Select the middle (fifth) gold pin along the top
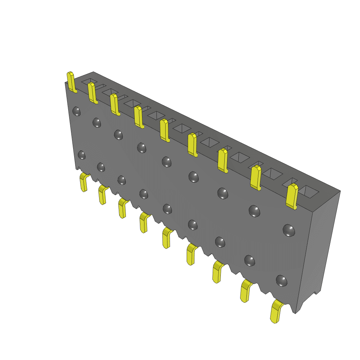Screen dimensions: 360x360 (164, 130)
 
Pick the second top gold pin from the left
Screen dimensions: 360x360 (92, 93)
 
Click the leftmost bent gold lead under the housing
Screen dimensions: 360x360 (84, 182)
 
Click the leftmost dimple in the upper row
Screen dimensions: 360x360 (76, 111)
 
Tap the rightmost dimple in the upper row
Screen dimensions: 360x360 (289, 230)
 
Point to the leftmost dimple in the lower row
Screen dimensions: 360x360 (82, 155)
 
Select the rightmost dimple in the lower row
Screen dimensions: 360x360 (281, 280)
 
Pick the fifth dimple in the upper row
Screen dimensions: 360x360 (167, 161)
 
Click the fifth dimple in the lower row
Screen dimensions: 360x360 (167, 209)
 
